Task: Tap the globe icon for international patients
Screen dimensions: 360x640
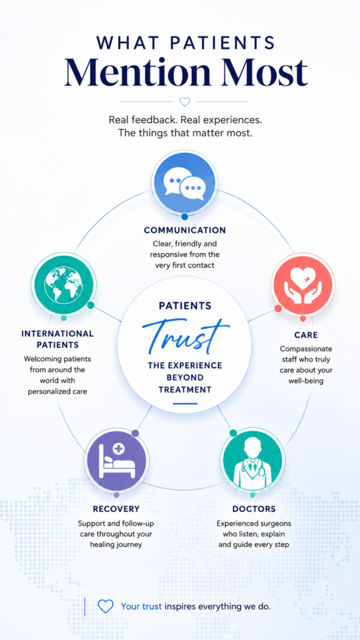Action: (63, 284)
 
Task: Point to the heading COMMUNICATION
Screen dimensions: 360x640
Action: (185, 230)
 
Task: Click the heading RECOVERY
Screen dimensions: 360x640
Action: (116, 509)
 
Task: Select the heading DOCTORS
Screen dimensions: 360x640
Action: (254, 509)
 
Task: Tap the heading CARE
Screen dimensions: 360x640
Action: (306, 335)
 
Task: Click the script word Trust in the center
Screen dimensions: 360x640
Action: (185, 335)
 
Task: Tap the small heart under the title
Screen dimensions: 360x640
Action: (185, 101)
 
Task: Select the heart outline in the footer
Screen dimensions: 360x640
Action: (105, 606)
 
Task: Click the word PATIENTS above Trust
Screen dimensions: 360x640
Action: (185, 306)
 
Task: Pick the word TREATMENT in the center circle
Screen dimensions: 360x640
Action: (185, 389)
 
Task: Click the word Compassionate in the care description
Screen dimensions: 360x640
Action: (306, 349)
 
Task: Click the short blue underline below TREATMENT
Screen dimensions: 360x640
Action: (185, 404)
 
